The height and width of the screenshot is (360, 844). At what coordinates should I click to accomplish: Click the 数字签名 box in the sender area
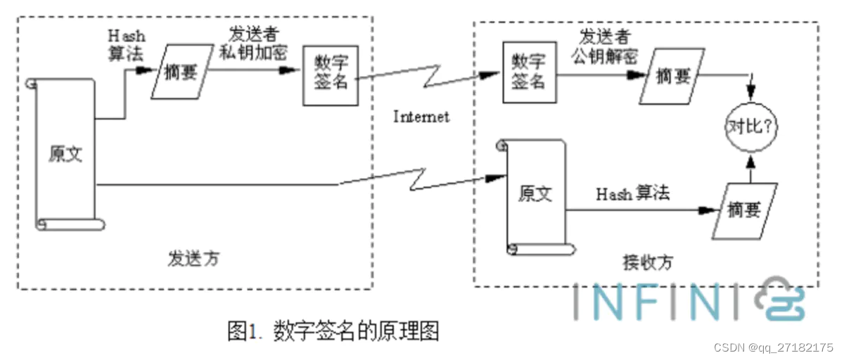pyautogui.click(x=330, y=75)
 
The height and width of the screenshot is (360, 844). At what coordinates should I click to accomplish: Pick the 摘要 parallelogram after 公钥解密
pyautogui.click(x=674, y=77)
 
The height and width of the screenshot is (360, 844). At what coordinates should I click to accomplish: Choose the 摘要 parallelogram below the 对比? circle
pyautogui.click(x=745, y=210)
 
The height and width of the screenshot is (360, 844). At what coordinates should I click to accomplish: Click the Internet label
pyautogui.click(x=421, y=117)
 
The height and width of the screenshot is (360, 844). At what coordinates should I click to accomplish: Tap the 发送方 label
pyautogui.click(x=193, y=258)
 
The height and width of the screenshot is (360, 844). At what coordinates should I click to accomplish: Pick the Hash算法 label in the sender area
pyautogui.click(x=125, y=44)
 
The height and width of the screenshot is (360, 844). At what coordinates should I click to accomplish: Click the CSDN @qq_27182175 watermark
pyautogui.click(x=773, y=348)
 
